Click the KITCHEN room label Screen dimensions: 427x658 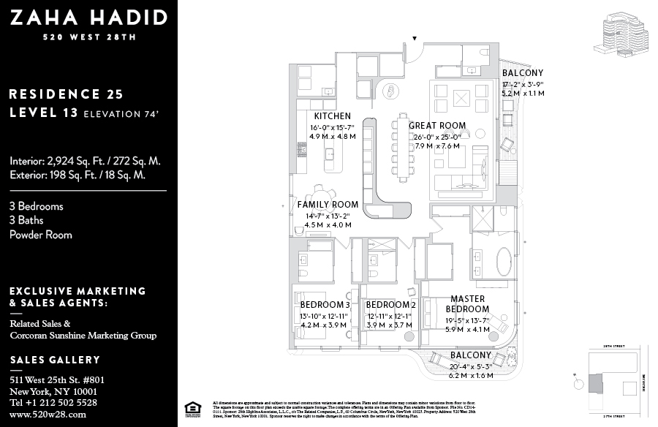(x=332, y=116)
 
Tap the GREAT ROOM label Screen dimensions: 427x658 (x=437, y=126)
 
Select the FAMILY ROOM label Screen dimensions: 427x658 (x=328, y=205)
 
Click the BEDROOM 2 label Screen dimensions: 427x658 (x=390, y=304)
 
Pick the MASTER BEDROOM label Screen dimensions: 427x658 (x=468, y=303)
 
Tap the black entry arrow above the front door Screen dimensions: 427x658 (x=415, y=38)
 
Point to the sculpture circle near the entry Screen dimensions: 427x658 (x=393, y=91)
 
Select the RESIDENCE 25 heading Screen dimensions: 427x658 (x=66, y=94)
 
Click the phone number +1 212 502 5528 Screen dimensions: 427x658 (x=53, y=402)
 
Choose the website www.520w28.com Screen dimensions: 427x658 (x=48, y=414)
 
